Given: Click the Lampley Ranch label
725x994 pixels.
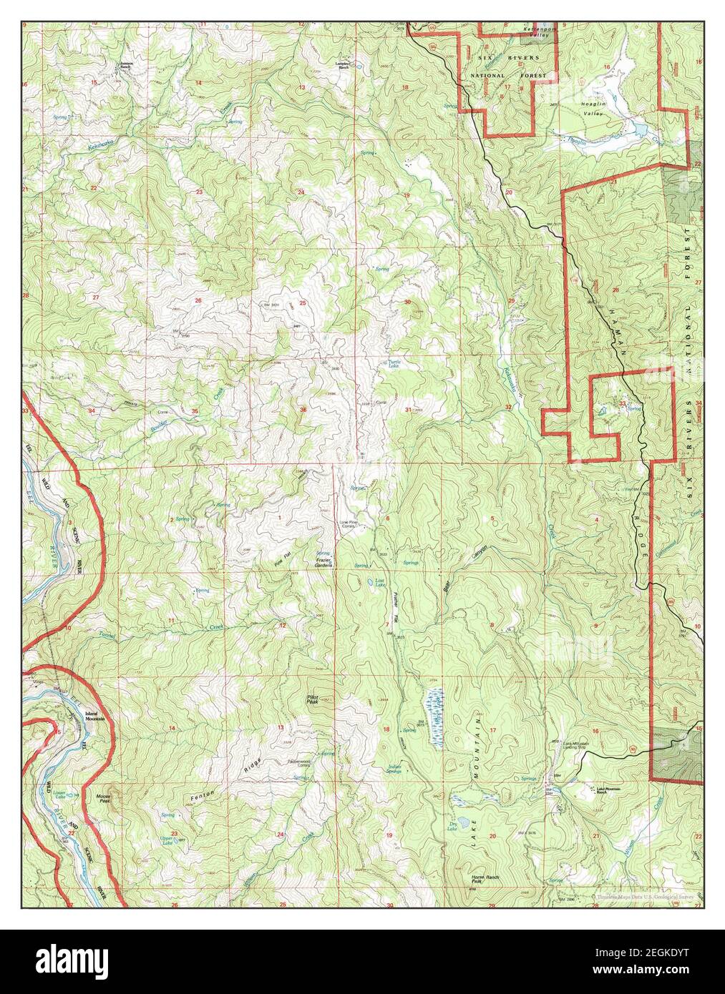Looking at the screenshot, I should tap(346, 64).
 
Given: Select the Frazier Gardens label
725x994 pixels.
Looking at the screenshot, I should tap(325, 562).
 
